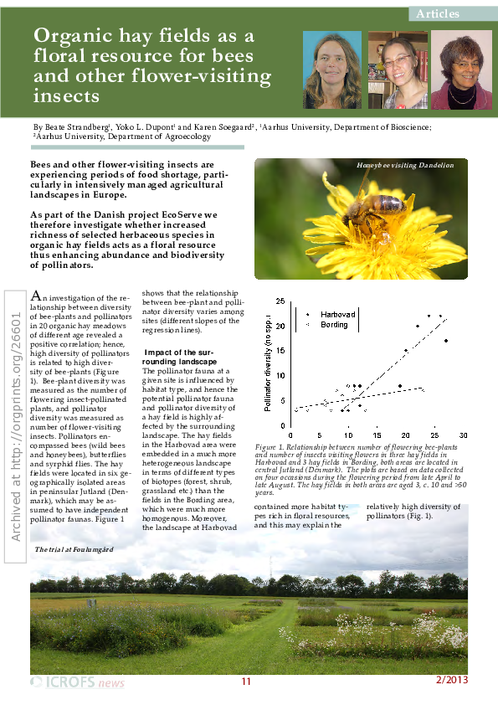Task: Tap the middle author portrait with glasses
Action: coord(398,70)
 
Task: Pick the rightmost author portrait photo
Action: coord(461,70)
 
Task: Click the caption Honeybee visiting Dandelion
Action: coord(405,166)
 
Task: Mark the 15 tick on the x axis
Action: coord(377,435)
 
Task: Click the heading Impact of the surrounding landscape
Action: coord(182,356)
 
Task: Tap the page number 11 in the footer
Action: coord(246,682)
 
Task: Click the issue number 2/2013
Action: coord(452,680)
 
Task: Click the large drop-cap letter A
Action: coord(35,296)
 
